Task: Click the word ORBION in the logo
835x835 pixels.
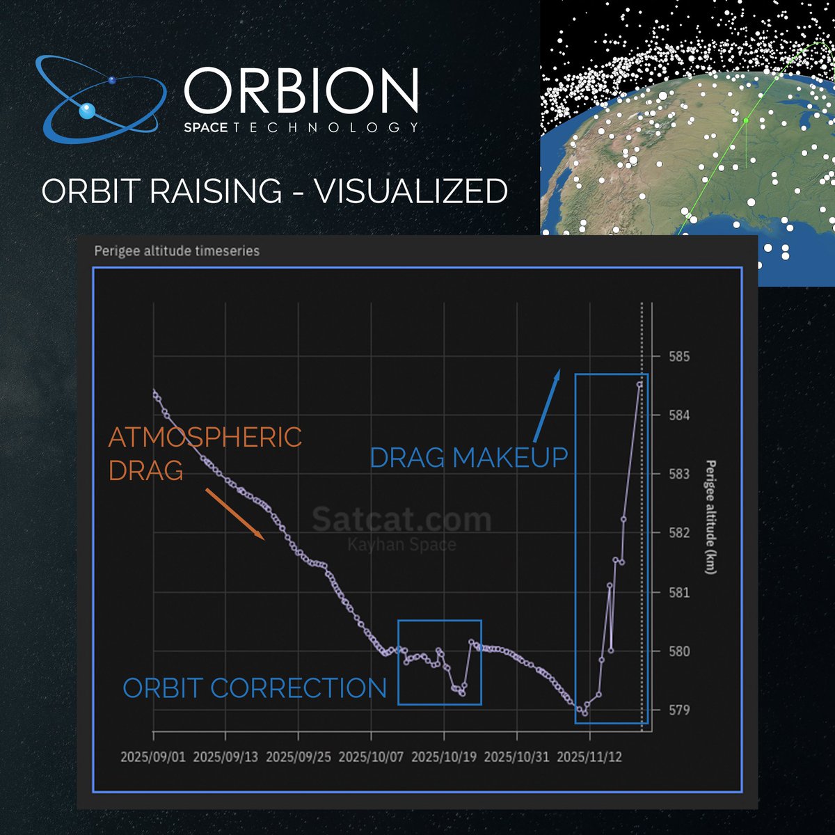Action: (x=301, y=90)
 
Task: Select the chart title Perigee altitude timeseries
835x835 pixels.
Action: (x=177, y=250)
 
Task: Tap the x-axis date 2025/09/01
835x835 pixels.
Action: (x=153, y=757)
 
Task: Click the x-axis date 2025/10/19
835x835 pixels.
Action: (x=444, y=757)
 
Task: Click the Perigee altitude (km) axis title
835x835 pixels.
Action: (x=710, y=517)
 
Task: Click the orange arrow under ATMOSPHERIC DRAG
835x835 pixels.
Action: (x=234, y=514)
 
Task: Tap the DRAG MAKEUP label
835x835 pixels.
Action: (x=468, y=458)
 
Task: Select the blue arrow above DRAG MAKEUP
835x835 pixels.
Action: (x=546, y=406)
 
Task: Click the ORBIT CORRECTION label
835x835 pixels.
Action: (x=255, y=688)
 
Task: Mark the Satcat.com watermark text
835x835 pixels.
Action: (x=401, y=520)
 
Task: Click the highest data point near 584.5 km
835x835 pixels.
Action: (x=639, y=383)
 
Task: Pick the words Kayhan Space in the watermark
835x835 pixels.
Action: (x=401, y=544)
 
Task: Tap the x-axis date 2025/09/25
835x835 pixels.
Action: (x=299, y=757)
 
